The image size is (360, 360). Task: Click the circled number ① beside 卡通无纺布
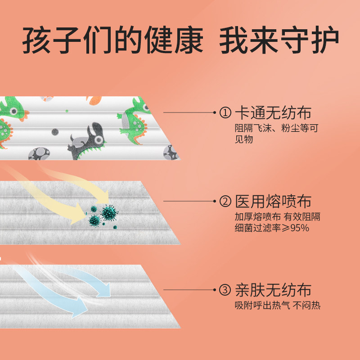click(225, 113)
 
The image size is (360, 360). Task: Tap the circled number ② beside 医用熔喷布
click(225, 201)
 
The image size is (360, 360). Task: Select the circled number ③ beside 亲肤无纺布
click(225, 290)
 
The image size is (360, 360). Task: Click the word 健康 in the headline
click(176, 42)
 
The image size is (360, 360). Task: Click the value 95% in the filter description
click(297, 228)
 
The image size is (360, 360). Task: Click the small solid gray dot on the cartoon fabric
click(55, 132)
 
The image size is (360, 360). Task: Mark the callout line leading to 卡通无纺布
click(189, 112)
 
